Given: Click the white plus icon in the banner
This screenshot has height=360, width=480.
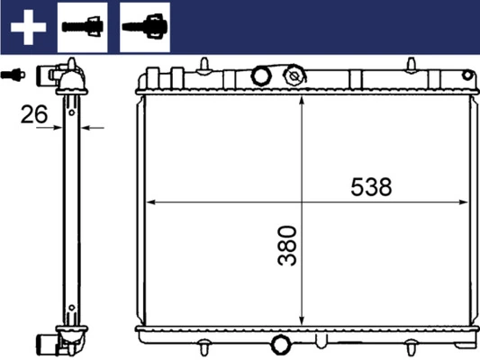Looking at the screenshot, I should point(27,27).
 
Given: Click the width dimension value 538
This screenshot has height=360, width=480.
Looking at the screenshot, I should point(371,187).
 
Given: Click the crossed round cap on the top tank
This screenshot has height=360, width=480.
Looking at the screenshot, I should point(294,77).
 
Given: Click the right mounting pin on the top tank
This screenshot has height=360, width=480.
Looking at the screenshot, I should point(411,65).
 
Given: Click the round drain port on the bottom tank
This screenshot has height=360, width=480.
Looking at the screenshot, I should point(281,344).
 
